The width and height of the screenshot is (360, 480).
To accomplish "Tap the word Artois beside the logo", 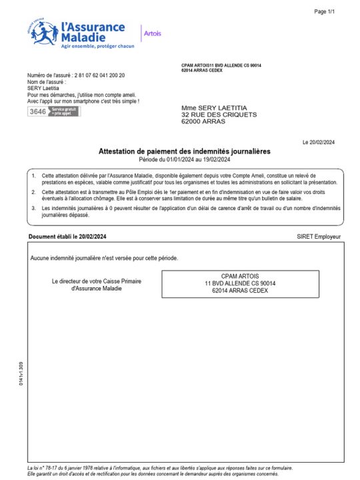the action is [x=153, y=33].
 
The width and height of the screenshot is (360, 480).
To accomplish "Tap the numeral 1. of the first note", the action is [x=33, y=174].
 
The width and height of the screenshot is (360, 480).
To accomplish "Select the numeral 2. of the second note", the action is [x=33, y=191].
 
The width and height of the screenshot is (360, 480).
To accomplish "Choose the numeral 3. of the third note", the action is [x=33, y=208].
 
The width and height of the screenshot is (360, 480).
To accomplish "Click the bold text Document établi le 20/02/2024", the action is [x=67, y=237].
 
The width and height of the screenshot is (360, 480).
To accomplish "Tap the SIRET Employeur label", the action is [x=319, y=237].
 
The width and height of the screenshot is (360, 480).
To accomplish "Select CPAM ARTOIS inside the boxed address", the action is [x=240, y=276].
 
